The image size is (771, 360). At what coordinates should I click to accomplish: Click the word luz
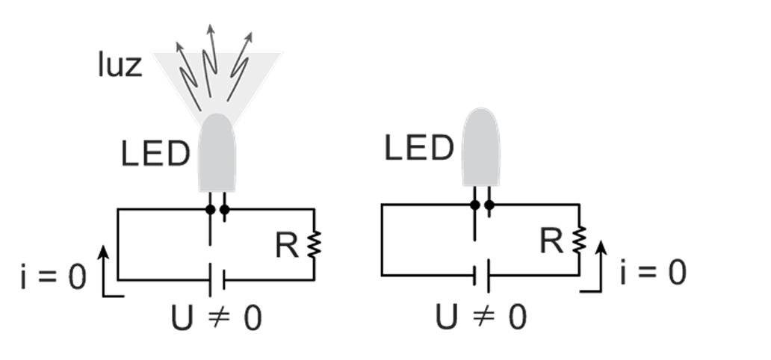tap(120, 64)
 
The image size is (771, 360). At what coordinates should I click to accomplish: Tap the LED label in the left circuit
tap(155, 153)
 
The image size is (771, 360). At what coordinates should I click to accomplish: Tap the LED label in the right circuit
tap(419, 148)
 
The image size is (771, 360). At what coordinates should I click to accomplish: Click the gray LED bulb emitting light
tap(217, 152)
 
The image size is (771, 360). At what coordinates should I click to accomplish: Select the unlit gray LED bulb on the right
tap(481, 147)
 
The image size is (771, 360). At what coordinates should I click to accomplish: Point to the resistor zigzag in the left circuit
tap(315, 244)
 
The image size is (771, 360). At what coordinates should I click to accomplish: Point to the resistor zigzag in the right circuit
tap(579, 240)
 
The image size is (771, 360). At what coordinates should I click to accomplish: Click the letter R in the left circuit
tap(287, 245)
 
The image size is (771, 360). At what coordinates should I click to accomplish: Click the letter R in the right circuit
tap(551, 240)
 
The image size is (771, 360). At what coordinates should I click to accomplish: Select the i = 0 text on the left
tap(54, 276)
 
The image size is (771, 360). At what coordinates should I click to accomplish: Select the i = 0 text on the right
tap(654, 272)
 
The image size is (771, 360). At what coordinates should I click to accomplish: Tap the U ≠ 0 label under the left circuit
tap(217, 317)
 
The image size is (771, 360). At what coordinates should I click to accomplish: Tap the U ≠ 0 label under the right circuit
tap(481, 317)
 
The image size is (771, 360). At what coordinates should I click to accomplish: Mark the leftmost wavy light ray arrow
tap(188, 76)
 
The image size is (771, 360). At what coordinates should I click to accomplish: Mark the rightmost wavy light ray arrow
tap(240, 66)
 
